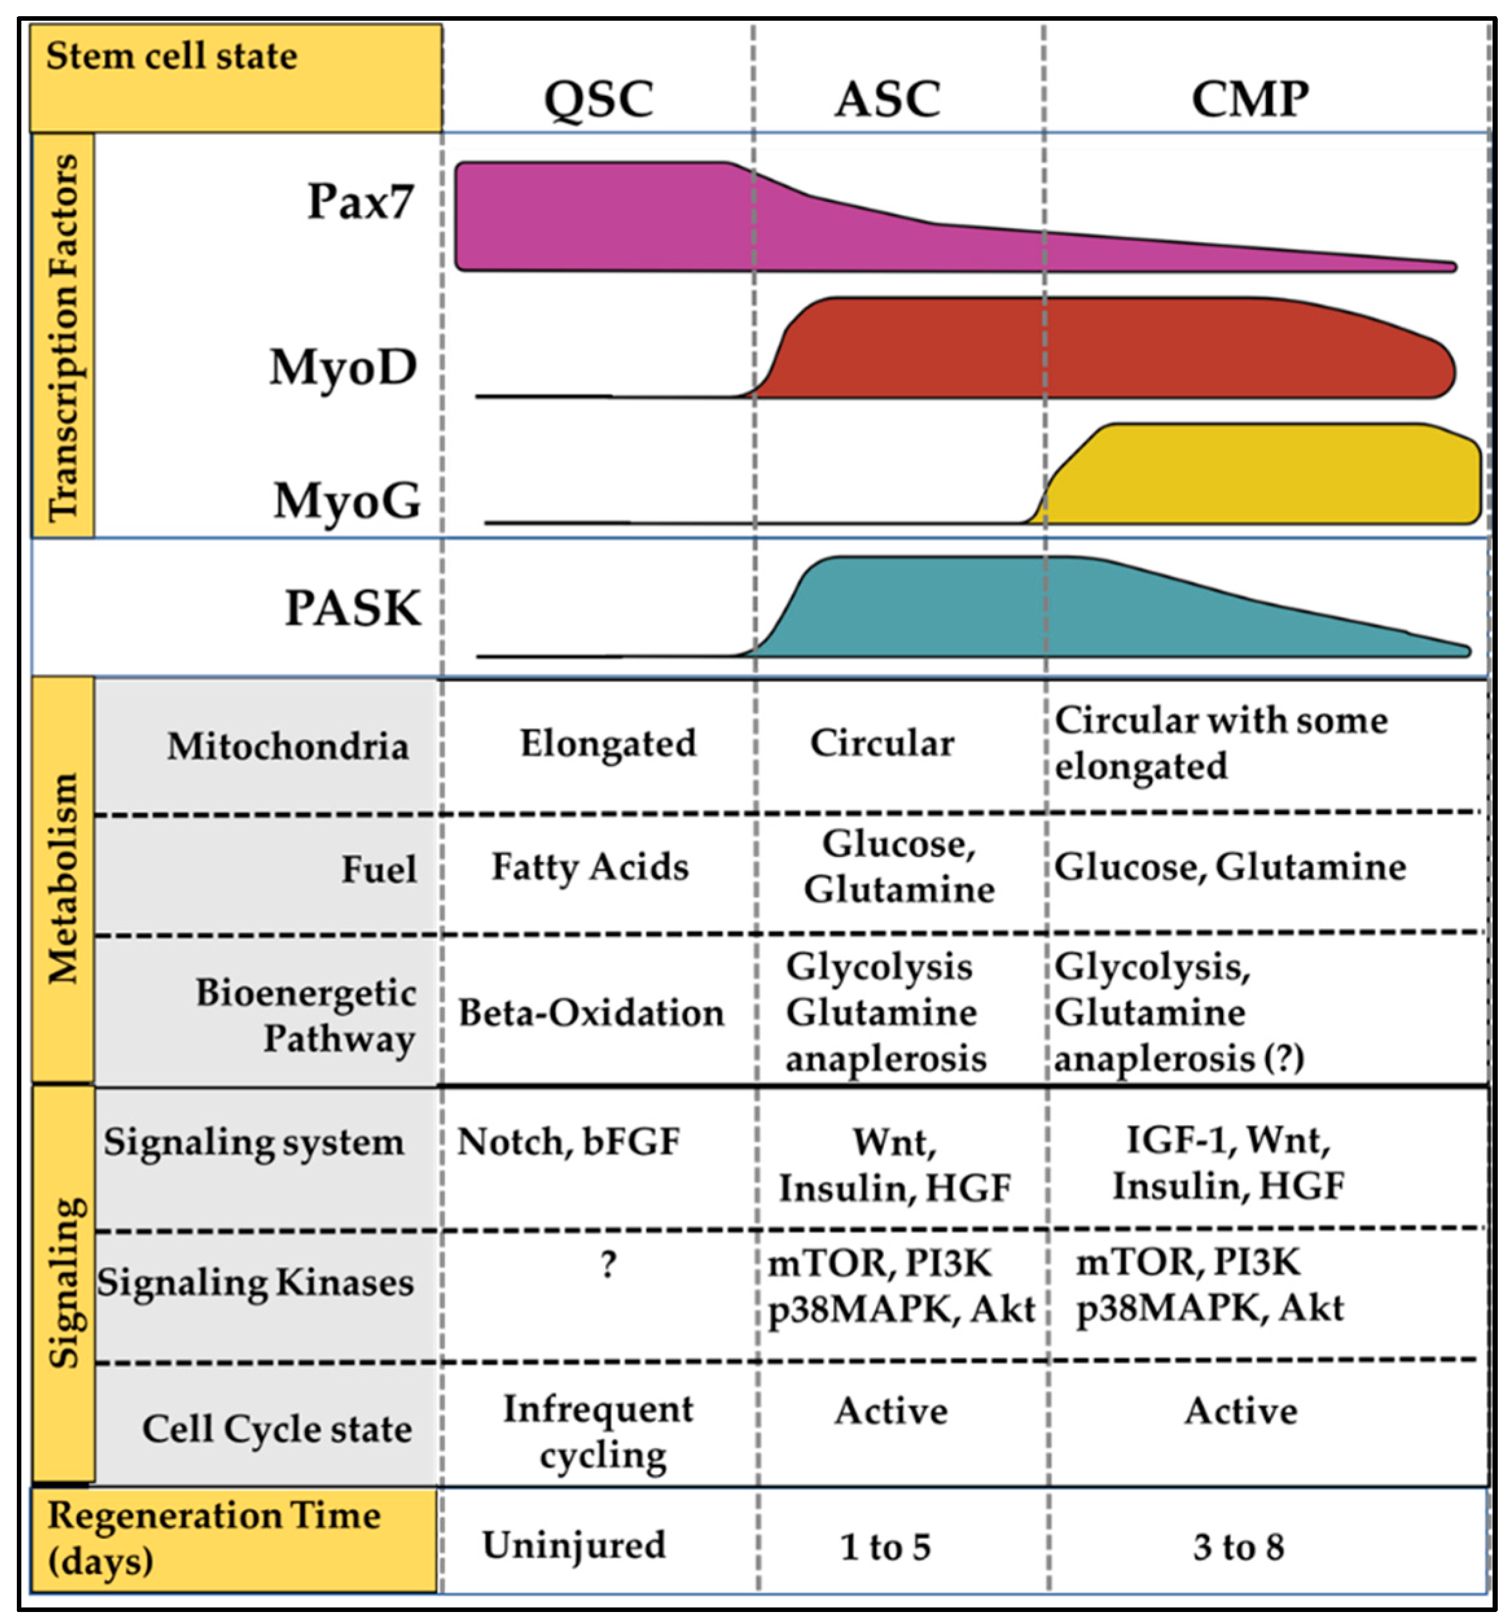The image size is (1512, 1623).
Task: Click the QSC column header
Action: [598, 100]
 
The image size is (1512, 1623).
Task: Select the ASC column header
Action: [886, 100]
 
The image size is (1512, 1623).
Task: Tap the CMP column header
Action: [1249, 100]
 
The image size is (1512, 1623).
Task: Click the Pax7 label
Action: [360, 201]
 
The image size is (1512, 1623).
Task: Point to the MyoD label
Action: [343, 367]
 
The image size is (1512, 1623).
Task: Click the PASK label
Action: [353, 608]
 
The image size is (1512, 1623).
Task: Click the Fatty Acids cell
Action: [589, 867]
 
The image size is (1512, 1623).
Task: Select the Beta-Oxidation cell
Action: [591, 1013]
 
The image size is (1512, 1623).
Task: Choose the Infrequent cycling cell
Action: [598, 1433]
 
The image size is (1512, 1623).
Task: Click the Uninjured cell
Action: [574, 1545]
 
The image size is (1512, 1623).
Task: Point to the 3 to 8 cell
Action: [1237, 1547]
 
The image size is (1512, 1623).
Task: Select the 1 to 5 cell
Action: [885, 1547]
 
